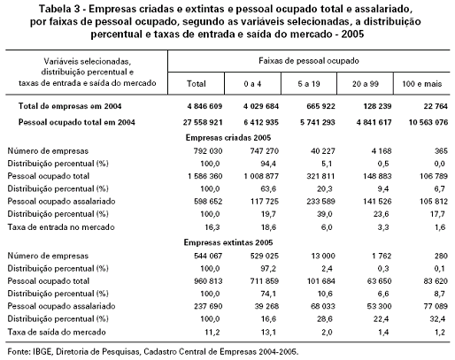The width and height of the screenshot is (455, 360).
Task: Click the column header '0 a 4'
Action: pos(252,84)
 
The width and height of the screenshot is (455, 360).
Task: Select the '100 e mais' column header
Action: pos(422,84)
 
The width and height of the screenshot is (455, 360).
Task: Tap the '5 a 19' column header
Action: pos(309,84)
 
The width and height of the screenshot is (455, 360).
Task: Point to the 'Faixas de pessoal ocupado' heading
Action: pos(309,61)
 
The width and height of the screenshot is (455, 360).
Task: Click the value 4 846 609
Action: pos(204,106)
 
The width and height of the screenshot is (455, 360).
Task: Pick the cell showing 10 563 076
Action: pos(428,122)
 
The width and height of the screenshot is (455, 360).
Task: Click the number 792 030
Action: pos(208,151)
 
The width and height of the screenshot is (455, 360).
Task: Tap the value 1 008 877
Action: pos(261,176)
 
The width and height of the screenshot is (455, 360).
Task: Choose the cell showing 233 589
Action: pos(320,202)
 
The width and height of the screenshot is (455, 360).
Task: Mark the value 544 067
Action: pos(208,256)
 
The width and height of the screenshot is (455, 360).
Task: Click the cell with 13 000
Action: pos(323,256)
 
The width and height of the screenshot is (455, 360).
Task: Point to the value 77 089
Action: pos(436,306)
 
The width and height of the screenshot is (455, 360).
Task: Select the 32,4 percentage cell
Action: pos(438,318)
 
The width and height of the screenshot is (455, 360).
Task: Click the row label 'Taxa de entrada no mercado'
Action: pos(61,227)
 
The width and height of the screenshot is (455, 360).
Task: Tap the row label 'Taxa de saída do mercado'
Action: pos(57,332)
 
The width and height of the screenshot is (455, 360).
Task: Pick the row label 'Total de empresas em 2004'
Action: pos(70,106)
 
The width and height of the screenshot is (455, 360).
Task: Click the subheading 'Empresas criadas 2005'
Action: pos(228,138)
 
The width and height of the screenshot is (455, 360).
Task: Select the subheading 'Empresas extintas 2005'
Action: pos(228,242)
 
